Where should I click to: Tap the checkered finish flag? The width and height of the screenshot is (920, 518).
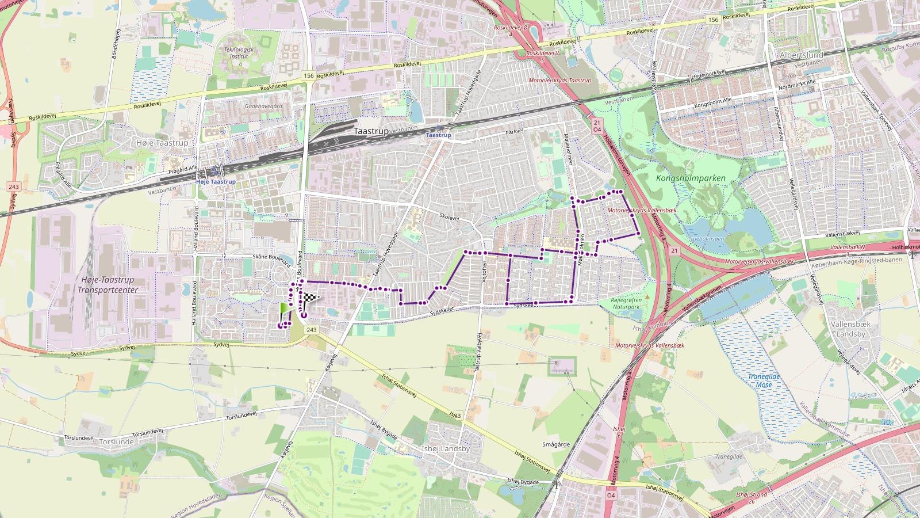(x=310, y=299)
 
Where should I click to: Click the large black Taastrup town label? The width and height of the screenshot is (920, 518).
(x=371, y=131)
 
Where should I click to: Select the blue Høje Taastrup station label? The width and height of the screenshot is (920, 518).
(x=216, y=182)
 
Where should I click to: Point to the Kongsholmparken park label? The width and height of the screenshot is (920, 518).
(x=691, y=178)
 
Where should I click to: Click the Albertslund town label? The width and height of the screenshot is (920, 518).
(x=802, y=55)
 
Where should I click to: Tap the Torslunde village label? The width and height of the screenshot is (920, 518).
(x=116, y=442)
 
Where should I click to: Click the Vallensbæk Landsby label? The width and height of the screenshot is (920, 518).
(x=851, y=329)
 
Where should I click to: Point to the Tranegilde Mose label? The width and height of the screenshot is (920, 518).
(x=764, y=380)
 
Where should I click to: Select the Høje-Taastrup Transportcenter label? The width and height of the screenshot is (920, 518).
(x=106, y=285)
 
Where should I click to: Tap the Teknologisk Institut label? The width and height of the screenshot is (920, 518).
(x=239, y=53)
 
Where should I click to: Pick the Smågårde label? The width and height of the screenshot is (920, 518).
(x=556, y=444)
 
